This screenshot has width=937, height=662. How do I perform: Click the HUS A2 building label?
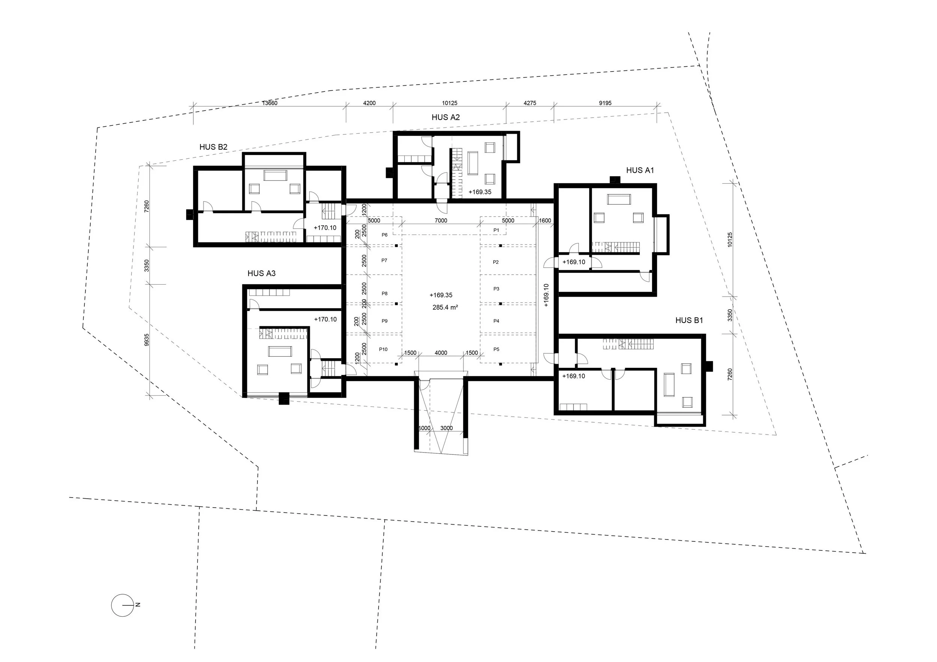pyautogui.click(x=446, y=118)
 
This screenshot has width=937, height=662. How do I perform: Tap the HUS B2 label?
pyautogui.click(x=213, y=147)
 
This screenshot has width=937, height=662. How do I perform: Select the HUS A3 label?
pyautogui.click(x=261, y=273)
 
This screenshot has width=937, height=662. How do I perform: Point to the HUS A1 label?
pyautogui.click(x=640, y=170)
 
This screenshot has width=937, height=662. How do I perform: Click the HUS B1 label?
pyautogui.click(x=689, y=321)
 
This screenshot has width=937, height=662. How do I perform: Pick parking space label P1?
pyautogui.click(x=496, y=230)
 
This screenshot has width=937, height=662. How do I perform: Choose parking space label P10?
pyautogui.click(x=383, y=350)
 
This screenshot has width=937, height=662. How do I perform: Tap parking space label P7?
pyautogui.click(x=384, y=261)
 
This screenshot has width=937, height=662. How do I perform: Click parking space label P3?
pyautogui.click(x=496, y=289)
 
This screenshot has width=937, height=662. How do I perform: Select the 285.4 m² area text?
pyautogui.click(x=445, y=308)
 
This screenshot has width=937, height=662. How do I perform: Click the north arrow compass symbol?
pyautogui.click(x=123, y=605)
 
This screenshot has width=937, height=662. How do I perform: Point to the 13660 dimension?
pyautogui.click(x=269, y=103)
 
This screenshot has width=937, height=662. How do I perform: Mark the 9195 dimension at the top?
pyautogui.click(x=605, y=103)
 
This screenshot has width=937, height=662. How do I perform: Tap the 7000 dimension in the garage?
pyautogui.click(x=441, y=221)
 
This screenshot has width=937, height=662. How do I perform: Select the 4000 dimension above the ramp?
pyautogui.click(x=441, y=353)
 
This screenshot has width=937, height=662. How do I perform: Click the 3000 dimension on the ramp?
pyautogui.click(x=446, y=428)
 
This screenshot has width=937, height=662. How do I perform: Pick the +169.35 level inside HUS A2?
pyautogui.click(x=479, y=192)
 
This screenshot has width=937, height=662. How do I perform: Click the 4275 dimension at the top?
pyautogui.click(x=530, y=103)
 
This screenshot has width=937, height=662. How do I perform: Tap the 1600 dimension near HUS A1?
pyautogui.click(x=545, y=221)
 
